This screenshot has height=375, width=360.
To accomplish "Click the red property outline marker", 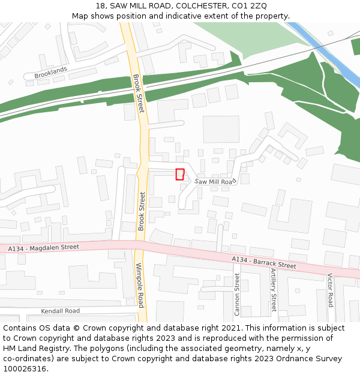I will click(x=179, y=174).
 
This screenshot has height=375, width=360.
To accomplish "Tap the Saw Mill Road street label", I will click(x=214, y=181).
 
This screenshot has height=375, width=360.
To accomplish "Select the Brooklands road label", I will click(x=50, y=73).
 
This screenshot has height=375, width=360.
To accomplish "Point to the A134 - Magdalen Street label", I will click(x=44, y=247).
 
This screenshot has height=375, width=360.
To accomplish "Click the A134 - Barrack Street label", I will click(x=264, y=262).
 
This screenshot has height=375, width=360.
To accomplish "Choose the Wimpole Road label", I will click(x=140, y=285).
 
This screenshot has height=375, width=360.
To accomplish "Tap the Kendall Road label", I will click(x=60, y=311).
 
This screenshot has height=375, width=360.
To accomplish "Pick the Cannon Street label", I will click(x=237, y=295).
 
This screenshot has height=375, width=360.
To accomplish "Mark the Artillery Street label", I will click(x=274, y=290).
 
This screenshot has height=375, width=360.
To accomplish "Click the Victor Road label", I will click(x=330, y=290).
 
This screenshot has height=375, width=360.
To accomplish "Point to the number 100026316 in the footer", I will click(x=25, y=369).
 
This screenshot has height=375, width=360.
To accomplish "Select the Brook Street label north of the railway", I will click(x=138, y=93).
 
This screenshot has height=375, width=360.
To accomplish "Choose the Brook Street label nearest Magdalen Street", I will click(x=142, y=211).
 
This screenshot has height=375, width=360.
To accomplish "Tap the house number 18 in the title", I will click(x=100, y=6).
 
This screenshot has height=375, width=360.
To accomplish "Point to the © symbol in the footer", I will click(x=76, y=328).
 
